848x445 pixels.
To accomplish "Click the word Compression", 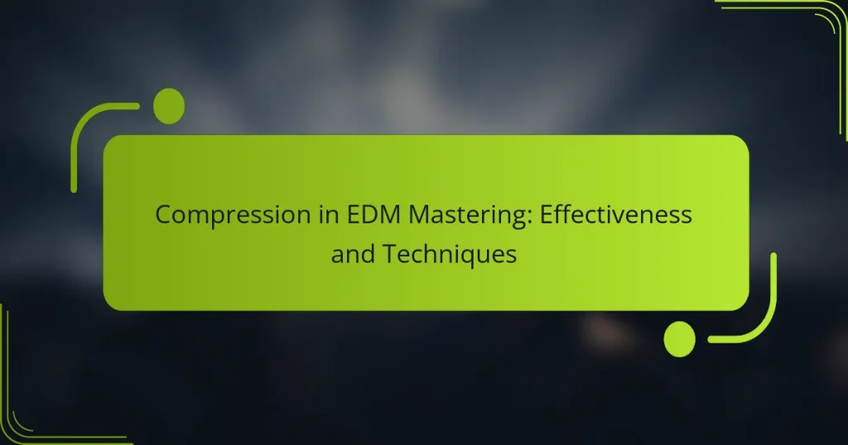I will (220, 215).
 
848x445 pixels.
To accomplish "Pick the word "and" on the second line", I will (351, 255).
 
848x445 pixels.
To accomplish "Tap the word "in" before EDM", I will (296, 215).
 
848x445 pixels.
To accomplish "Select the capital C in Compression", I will (164, 215).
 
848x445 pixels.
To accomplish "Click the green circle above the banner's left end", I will (169, 106).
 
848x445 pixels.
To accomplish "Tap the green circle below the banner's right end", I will (680, 339).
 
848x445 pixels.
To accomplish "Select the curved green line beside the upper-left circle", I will (83, 124).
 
